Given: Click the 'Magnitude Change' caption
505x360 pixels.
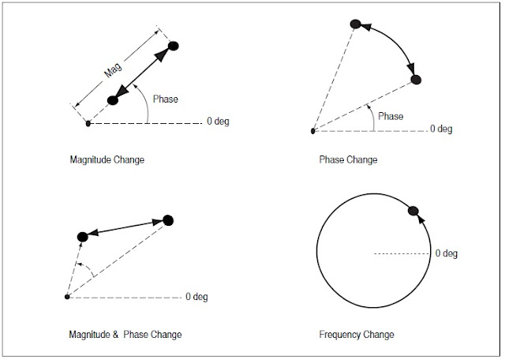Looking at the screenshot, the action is [107, 159].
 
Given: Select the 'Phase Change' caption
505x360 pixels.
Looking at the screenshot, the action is [348, 159].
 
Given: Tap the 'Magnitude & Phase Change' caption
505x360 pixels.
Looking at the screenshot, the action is [125, 335].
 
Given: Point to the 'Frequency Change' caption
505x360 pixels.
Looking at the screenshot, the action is [357, 335].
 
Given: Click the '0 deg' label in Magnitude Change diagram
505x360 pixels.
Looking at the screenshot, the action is [218, 122].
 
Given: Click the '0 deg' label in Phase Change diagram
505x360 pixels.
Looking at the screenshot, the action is [442, 129].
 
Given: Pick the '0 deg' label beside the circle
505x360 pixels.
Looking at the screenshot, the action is [447, 253].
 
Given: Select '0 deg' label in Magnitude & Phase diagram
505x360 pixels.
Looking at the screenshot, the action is [197, 297].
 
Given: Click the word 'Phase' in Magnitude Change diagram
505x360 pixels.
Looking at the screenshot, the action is [165, 99].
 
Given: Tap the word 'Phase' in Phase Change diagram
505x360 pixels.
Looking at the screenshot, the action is [391, 116].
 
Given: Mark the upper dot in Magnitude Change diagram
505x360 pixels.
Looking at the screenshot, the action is [174, 46].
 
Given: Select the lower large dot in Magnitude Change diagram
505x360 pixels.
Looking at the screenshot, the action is [112, 100].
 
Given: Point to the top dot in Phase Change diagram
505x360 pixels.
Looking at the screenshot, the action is [356, 25].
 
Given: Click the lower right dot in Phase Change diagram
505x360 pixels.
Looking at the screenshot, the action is [417, 80].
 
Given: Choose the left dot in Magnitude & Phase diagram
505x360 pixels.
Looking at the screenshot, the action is [82, 237].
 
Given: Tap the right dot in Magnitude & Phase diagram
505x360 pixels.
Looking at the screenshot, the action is [167, 220].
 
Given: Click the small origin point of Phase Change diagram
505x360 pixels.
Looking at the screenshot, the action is [312, 131].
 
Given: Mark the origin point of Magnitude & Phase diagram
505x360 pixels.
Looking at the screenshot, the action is [67, 297].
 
